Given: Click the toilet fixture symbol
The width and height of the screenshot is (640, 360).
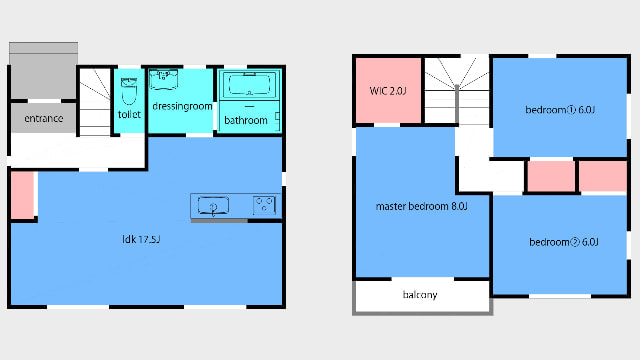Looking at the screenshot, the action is [x=129, y=91].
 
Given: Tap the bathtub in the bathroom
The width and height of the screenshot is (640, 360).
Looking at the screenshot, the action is [x=249, y=84].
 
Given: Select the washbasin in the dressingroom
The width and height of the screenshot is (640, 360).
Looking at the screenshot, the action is [x=163, y=80].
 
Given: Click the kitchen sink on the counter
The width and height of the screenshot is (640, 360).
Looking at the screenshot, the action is [x=213, y=205].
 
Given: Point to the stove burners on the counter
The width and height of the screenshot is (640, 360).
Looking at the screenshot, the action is [x=264, y=205].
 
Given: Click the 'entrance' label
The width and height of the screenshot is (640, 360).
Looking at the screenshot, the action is [x=44, y=118].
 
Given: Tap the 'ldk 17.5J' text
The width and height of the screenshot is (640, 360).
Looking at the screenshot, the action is [x=141, y=239].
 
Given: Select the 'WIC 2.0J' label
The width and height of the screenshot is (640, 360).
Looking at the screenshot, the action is [x=388, y=91].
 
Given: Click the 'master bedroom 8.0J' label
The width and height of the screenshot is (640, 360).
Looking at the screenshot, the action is [x=421, y=206].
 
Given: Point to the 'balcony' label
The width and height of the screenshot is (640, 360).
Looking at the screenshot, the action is [x=420, y=295].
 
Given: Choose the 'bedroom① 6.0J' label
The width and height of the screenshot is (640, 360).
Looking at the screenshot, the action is [x=560, y=110].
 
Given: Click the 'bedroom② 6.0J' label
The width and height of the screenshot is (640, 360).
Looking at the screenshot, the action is [x=564, y=242].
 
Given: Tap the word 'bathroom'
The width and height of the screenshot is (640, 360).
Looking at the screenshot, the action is [x=246, y=120].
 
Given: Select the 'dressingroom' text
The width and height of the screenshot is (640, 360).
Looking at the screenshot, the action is [x=182, y=107].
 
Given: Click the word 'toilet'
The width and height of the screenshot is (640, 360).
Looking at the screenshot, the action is [x=129, y=114].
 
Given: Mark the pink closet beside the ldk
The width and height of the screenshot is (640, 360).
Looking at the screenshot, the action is [x=22, y=195].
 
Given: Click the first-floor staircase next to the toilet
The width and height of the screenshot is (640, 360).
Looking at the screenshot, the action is [x=95, y=102].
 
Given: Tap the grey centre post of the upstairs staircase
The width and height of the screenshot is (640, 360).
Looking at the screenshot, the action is [x=457, y=104].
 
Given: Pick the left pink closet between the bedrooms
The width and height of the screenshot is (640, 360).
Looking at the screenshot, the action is [x=551, y=176].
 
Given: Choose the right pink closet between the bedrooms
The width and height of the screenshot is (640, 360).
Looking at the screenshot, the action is [x=603, y=176].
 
